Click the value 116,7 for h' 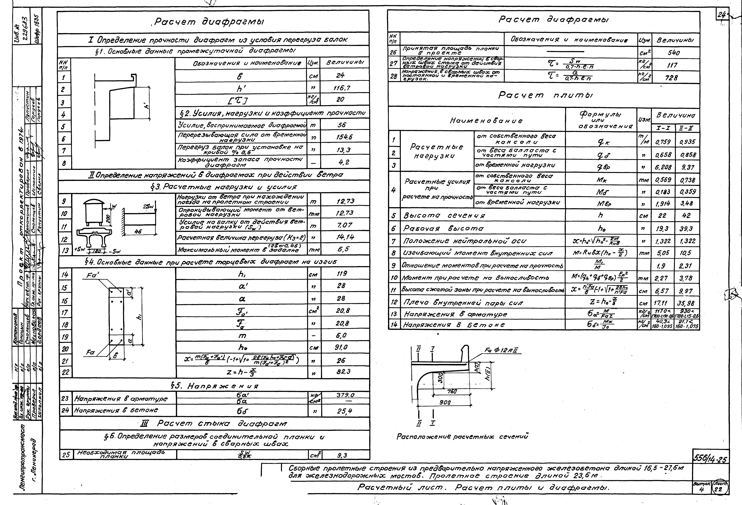pos(344,88)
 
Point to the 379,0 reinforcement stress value pos(345,395)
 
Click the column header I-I pos(663,128)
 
